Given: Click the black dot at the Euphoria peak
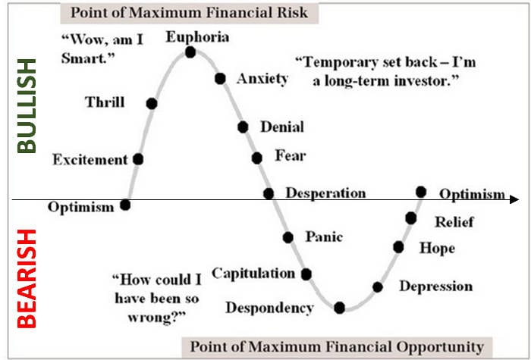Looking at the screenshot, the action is point(190,52).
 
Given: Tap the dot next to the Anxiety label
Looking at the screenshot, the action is point(220,79).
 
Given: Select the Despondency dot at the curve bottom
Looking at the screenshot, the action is point(339,308).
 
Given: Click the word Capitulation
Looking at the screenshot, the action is point(253,274).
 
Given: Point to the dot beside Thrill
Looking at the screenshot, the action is point(152,104).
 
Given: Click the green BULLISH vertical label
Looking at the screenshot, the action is point(27,106).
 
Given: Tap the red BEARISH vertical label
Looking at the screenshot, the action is point(27,279).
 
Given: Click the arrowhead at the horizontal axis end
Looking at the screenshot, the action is point(514,199).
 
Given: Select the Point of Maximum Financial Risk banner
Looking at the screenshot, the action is point(190,13).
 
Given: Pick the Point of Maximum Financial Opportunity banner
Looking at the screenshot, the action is point(337,347).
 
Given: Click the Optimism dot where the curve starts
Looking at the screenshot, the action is point(125,205).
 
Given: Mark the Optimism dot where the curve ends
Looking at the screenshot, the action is point(421,192).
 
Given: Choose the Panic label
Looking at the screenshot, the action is point(324,236).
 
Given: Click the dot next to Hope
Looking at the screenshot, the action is point(398,247).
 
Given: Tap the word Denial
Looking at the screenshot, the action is point(282,127).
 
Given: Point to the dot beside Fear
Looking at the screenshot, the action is point(257,158).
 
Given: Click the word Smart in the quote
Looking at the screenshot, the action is point(86,58).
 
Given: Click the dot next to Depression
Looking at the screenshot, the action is point(378,287).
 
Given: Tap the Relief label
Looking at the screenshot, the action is point(454,222).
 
